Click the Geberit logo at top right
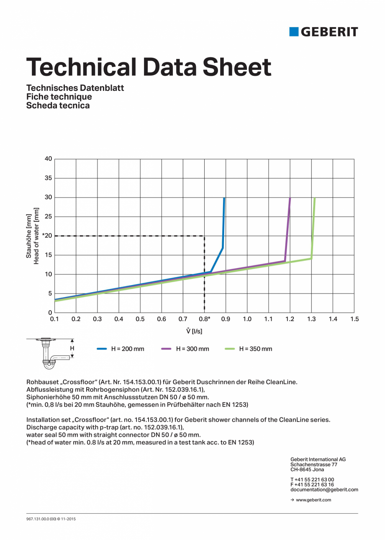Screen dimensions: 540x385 click(323, 32)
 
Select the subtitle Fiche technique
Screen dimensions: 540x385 click(59, 97)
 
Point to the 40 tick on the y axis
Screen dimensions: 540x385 click(48, 159)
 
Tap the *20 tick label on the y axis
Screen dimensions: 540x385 click(47, 236)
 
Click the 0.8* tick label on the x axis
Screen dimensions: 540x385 click(205, 319)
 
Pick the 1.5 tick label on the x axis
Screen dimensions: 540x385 click(354, 319)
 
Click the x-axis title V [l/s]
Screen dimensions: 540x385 click(194, 331)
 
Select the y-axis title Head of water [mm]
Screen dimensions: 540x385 click(36, 236)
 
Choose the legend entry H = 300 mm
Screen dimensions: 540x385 click(192, 349)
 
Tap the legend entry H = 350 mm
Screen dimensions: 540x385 click(255, 349)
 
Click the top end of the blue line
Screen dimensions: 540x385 click(224, 198)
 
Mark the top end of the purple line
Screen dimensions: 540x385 click(290, 198)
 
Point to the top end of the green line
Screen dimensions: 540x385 click(314, 198)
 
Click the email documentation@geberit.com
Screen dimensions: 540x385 click(324, 489)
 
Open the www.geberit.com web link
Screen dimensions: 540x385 click(313, 500)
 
